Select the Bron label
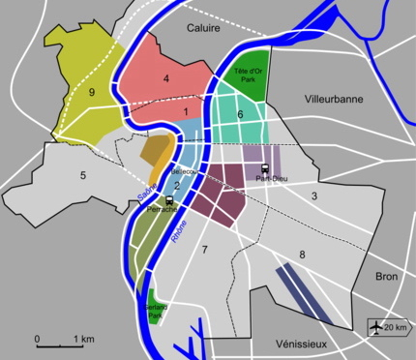388,277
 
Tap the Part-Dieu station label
262,179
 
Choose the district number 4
166,77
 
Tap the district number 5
83,175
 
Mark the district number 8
302,255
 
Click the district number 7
204,250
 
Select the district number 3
313,196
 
